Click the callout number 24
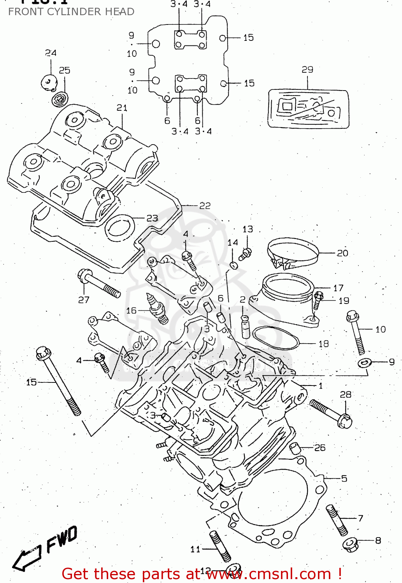pyautogui.click(x=51, y=53)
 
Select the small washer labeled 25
pyautogui.click(x=60, y=98)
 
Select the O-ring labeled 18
pyautogui.click(x=276, y=338)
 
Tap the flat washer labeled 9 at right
pyautogui.click(x=364, y=363)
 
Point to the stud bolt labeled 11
pyautogui.click(x=220, y=546)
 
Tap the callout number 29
pyautogui.click(x=307, y=70)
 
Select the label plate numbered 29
pyautogui.click(x=308, y=108)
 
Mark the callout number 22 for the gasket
pyautogui.click(x=205, y=206)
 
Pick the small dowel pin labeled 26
pyautogui.click(x=295, y=448)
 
